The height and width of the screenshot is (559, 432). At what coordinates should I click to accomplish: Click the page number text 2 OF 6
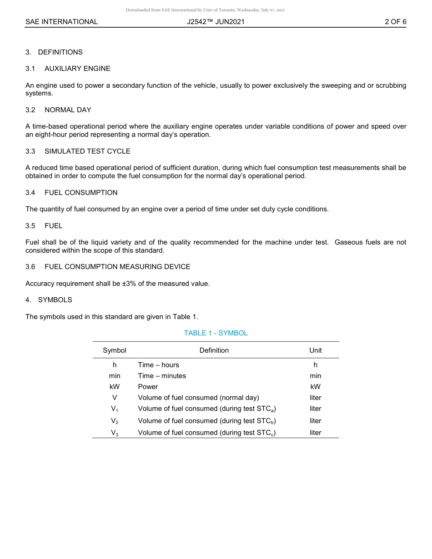[x=395, y=22]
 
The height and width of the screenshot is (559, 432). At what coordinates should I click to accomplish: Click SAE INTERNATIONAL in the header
[x=61, y=22]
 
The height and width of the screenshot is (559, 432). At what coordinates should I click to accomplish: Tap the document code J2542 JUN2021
[x=216, y=22]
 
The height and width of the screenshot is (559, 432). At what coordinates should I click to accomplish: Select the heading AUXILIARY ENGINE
[x=77, y=69]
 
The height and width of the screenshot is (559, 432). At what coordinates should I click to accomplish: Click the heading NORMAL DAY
[x=68, y=110]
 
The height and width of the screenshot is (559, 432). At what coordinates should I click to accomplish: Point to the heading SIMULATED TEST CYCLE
[x=87, y=151]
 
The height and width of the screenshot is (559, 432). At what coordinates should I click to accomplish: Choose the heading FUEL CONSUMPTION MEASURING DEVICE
[x=117, y=267]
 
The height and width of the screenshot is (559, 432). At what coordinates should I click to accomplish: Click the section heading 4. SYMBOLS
[x=49, y=300]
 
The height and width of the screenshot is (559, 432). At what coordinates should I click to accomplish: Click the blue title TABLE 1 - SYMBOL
[x=216, y=333]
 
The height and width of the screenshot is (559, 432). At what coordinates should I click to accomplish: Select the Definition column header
[x=214, y=350]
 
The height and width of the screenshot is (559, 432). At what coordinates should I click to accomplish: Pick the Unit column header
[x=315, y=350]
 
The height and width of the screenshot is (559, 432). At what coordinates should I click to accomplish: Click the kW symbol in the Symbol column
[x=115, y=387]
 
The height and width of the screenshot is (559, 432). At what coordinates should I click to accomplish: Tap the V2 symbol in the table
[x=115, y=421]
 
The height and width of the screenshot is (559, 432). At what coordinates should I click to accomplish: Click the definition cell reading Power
[x=148, y=387]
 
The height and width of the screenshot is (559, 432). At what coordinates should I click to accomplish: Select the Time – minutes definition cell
[x=162, y=376]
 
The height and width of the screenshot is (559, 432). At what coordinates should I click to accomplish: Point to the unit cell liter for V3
[x=315, y=433]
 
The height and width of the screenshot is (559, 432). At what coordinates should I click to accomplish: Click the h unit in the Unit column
[x=315, y=365]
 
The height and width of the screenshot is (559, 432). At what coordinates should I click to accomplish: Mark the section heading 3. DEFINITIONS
[x=54, y=52]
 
